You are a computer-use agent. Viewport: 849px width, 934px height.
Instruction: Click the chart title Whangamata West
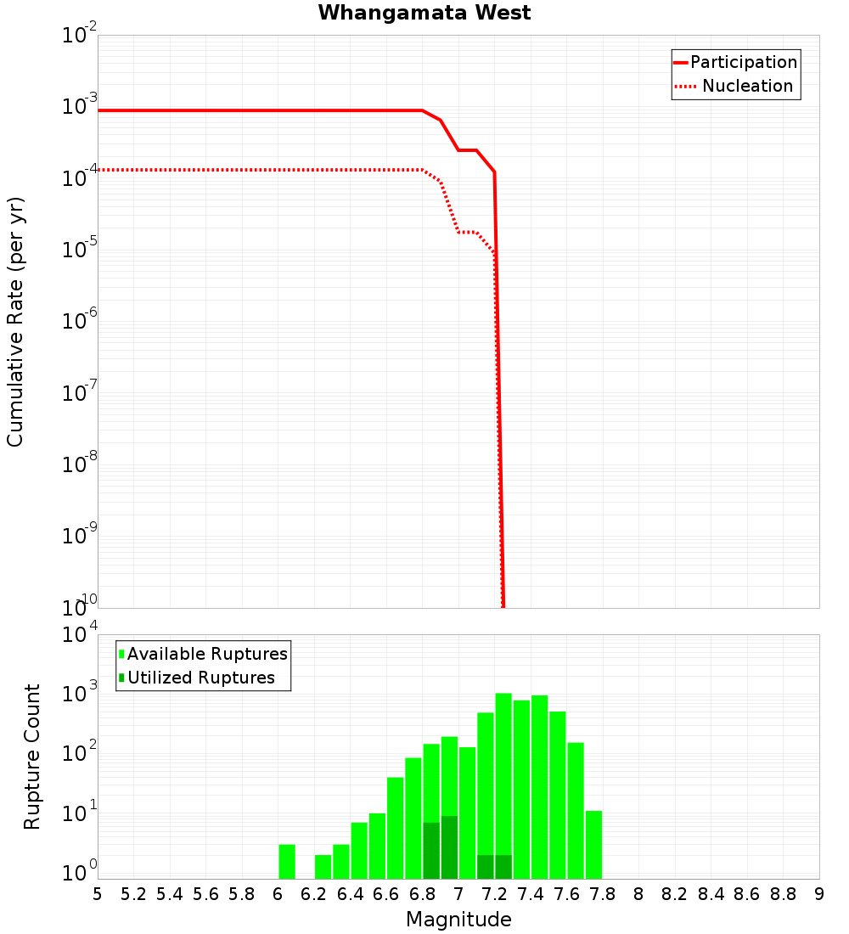[x=424, y=13]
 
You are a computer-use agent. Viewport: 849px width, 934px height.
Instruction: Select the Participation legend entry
[x=743, y=62]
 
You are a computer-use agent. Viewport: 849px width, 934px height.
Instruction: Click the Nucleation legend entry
[x=747, y=86]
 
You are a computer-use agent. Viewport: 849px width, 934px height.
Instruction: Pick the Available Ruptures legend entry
[x=207, y=654]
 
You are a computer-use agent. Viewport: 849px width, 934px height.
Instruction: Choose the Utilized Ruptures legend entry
[x=200, y=678]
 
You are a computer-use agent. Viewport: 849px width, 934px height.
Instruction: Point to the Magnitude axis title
[x=458, y=920]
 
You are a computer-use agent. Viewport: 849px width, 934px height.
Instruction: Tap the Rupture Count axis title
[x=32, y=757]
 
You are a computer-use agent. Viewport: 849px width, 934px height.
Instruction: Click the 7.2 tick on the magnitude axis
[x=494, y=894]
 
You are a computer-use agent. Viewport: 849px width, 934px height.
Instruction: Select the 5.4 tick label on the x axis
[x=170, y=894]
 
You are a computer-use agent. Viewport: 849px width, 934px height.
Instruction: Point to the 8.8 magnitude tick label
[x=783, y=894]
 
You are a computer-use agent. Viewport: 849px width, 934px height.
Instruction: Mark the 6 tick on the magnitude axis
[x=278, y=894]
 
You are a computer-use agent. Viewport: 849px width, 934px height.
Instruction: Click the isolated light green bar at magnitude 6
[x=287, y=861]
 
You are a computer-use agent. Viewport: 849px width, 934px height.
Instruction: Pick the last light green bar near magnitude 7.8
[x=593, y=845]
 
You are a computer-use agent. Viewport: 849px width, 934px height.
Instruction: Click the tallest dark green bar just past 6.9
[x=449, y=847]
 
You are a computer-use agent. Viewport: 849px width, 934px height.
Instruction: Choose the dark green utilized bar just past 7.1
[x=486, y=867]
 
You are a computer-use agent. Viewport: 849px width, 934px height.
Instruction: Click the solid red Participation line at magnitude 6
[x=278, y=110]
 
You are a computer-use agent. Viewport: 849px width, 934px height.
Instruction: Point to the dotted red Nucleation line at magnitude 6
[x=278, y=170]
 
